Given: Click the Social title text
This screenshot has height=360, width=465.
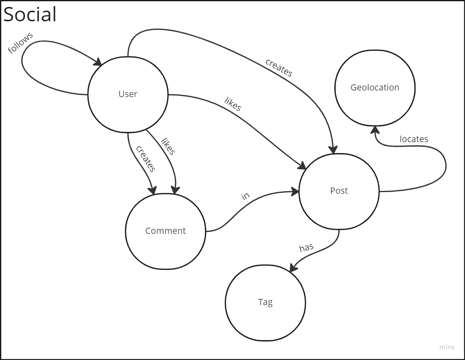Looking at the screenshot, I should (30, 15).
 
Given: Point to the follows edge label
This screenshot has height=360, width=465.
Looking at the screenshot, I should (20, 43).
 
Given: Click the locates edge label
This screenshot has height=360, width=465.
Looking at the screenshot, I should (413, 139).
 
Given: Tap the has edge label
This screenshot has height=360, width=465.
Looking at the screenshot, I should (306, 247).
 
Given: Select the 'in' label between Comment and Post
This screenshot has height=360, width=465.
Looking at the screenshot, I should (245, 196).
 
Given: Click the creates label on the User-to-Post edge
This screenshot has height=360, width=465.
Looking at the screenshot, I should (279, 68).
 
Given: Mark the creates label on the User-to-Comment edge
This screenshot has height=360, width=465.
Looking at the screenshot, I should (146, 158).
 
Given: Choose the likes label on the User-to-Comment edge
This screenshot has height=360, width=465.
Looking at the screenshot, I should (168, 147).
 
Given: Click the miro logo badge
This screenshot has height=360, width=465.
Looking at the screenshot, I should (447, 347).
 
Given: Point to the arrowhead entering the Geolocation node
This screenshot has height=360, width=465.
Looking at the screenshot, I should (375, 129).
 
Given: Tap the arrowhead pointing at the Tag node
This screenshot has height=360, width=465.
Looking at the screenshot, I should (293, 267).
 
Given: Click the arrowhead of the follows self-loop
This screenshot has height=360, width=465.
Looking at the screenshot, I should (98, 63).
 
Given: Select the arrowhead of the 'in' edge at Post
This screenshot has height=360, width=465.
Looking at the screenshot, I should (295, 191).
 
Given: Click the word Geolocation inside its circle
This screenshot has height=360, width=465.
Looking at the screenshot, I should (375, 87).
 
